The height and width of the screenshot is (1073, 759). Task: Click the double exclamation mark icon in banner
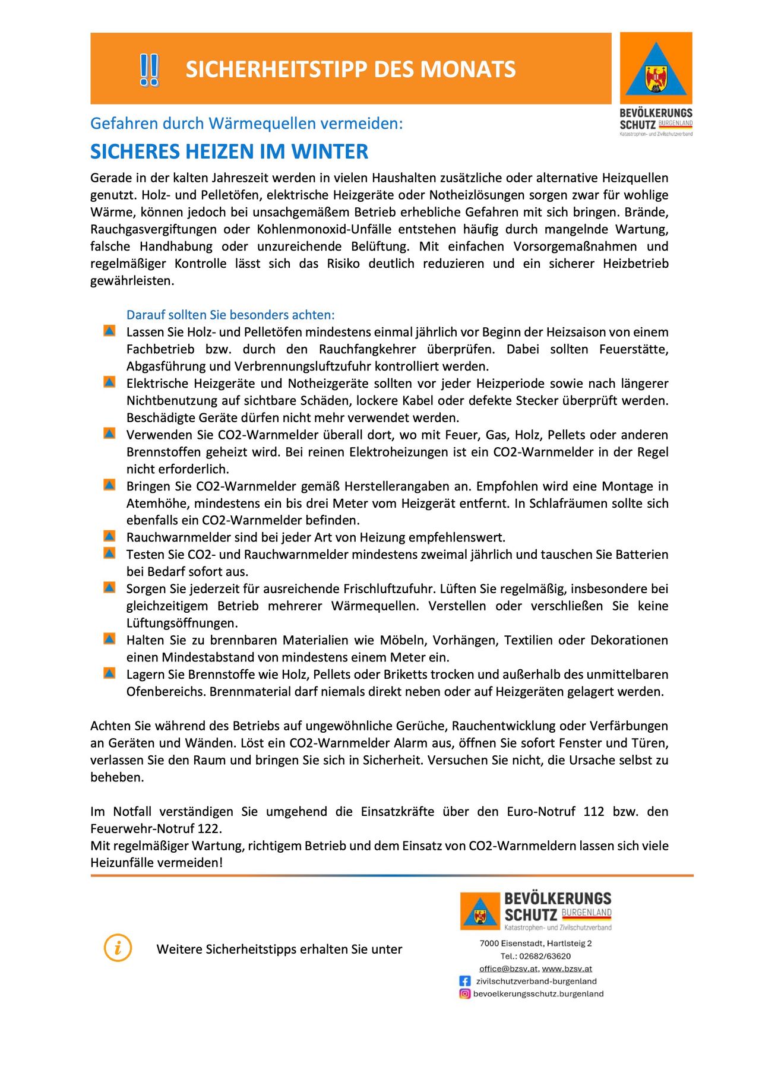149,69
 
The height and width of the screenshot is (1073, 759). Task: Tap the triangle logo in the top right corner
656,68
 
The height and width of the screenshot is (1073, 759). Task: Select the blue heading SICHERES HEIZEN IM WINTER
229,151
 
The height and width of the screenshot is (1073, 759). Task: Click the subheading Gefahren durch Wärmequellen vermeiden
246,124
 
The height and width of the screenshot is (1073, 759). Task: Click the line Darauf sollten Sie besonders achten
230,315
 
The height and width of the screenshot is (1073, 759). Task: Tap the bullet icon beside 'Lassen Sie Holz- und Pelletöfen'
109,331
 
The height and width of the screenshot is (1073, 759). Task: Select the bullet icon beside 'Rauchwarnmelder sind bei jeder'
109,536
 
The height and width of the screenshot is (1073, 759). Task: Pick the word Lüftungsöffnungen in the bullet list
182,623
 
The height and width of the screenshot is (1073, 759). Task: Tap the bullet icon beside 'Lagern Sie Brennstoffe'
109,673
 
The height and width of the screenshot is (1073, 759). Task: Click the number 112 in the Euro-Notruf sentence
593,812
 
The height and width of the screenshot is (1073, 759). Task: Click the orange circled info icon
118,948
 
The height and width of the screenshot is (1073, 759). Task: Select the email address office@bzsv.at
508,969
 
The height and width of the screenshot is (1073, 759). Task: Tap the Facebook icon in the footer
465,982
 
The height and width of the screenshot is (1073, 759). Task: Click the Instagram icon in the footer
465,994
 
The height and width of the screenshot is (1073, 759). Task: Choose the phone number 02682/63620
545,957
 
